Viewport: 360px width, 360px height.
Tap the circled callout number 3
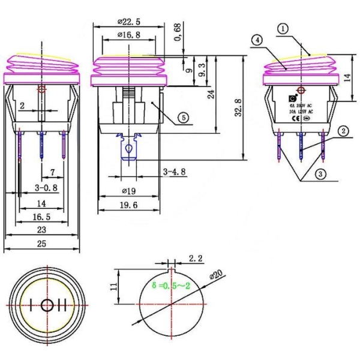[321, 175]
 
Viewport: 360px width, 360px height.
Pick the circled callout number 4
[257, 40]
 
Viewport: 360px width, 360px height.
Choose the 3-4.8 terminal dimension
[175, 172]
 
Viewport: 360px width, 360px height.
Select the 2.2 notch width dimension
[195, 259]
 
